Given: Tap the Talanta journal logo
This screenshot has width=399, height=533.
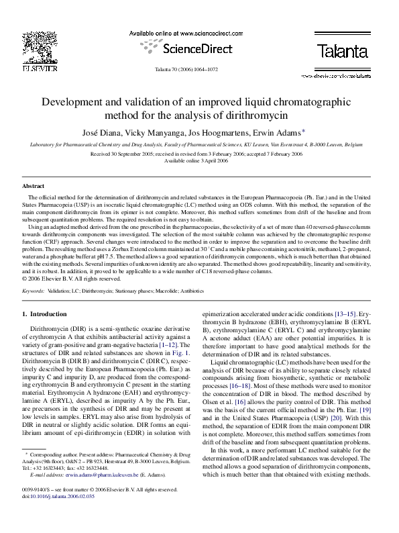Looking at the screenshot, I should [342, 50].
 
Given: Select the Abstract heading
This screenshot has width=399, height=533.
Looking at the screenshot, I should [34, 185].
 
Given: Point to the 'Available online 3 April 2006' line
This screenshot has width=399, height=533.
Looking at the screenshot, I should [199, 161].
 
